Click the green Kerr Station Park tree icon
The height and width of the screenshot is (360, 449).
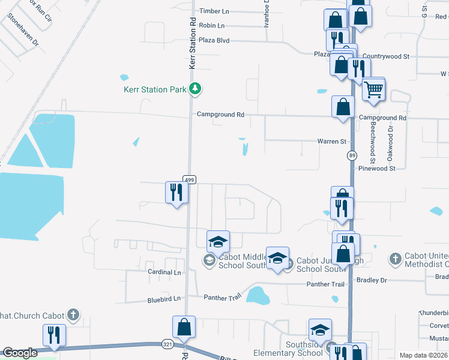[x=194, y=89]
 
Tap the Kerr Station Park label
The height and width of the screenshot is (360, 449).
[x=155, y=89]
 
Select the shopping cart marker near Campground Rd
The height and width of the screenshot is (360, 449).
[x=374, y=90]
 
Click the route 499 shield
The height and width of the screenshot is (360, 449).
[x=189, y=179]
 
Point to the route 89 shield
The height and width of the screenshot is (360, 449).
[x=351, y=156]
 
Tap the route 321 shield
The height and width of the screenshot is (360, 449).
[x=168, y=344]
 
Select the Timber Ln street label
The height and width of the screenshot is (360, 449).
[x=214, y=11]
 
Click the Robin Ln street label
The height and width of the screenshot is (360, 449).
[x=211, y=26]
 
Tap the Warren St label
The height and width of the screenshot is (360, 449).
[x=332, y=142]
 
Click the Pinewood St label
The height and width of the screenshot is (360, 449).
[x=377, y=169]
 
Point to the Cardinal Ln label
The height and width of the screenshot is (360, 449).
[x=164, y=272]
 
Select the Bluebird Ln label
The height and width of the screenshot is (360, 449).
[x=164, y=299]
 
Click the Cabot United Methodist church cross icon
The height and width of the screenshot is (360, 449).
[x=395, y=259]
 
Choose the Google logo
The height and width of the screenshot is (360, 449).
[x=20, y=353]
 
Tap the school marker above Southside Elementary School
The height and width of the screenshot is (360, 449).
[x=321, y=330]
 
